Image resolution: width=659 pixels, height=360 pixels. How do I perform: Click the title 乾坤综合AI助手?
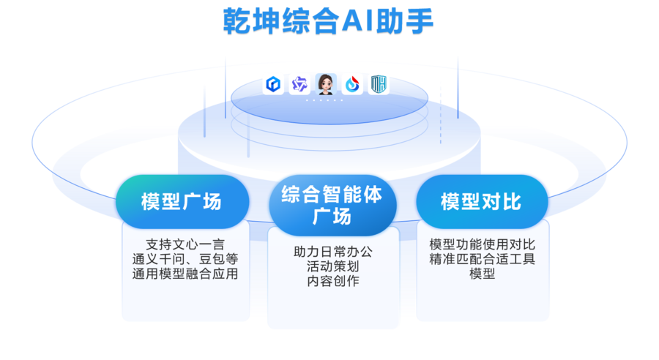(x=328, y=21)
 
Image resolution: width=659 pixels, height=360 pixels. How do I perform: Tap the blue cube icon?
(x=272, y=85)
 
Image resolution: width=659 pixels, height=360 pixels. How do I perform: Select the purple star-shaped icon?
(x=299, y=85)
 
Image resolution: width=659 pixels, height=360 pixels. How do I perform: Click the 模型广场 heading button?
(x=181, y=201)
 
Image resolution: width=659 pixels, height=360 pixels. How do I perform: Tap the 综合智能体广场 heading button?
(x=332, y=205)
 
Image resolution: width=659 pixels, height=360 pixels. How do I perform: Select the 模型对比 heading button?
(x=481, y=201)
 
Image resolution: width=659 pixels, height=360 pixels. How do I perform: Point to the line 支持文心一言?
(x=185, y=244)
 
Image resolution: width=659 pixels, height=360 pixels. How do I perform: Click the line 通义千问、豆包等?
(x=185, y=259)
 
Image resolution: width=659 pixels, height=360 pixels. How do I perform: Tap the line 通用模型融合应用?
(x=185, y=274)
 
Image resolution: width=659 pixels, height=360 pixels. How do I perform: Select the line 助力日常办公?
(x=332, y=251)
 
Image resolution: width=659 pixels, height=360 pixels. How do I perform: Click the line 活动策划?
(x=332, y=266)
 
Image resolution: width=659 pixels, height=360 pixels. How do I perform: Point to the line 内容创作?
(x=332, y=281)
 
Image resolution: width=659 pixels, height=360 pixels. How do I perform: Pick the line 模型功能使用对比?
(x=482, y=244)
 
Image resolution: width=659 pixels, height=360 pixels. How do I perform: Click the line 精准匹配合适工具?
(x=482, y=259)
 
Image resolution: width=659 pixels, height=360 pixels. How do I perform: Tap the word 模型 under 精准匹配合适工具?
(x=482, y=274)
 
